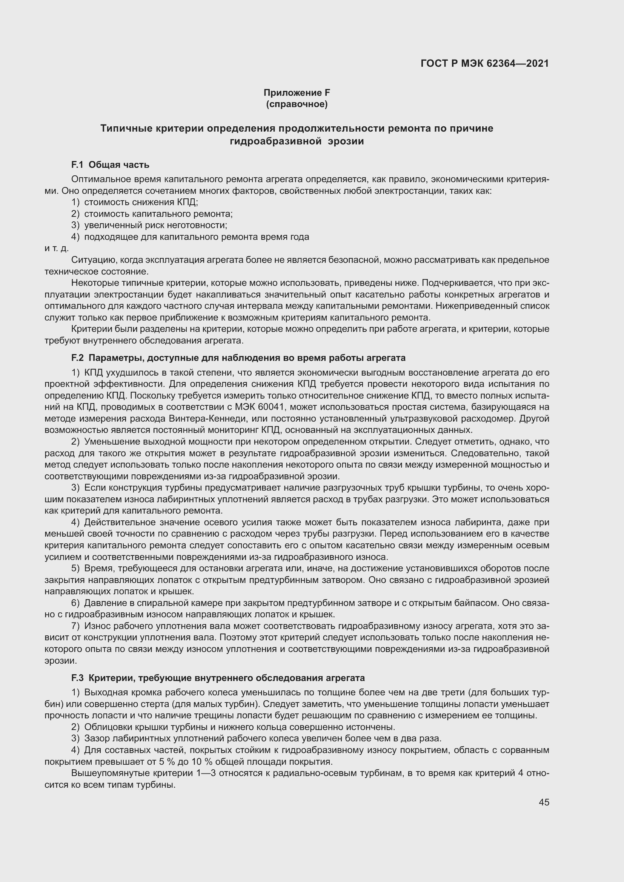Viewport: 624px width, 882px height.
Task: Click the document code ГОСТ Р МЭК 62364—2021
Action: (x=484, y=64)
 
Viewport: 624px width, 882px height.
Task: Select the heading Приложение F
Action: (x=297, y=93)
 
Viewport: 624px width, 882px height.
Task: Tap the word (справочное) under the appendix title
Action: (x=297, y=104)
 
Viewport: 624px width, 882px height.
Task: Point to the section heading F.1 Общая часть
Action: (x=110, y=165)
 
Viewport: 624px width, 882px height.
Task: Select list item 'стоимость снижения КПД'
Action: (x=141, y=202)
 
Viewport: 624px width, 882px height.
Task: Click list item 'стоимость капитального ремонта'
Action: (x=158, y=213)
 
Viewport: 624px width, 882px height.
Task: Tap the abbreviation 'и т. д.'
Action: (x=57, y=248)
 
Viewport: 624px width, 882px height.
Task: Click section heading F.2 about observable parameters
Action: (x=238, y=358)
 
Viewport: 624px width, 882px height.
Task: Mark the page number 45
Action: (x=544, y=802)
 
